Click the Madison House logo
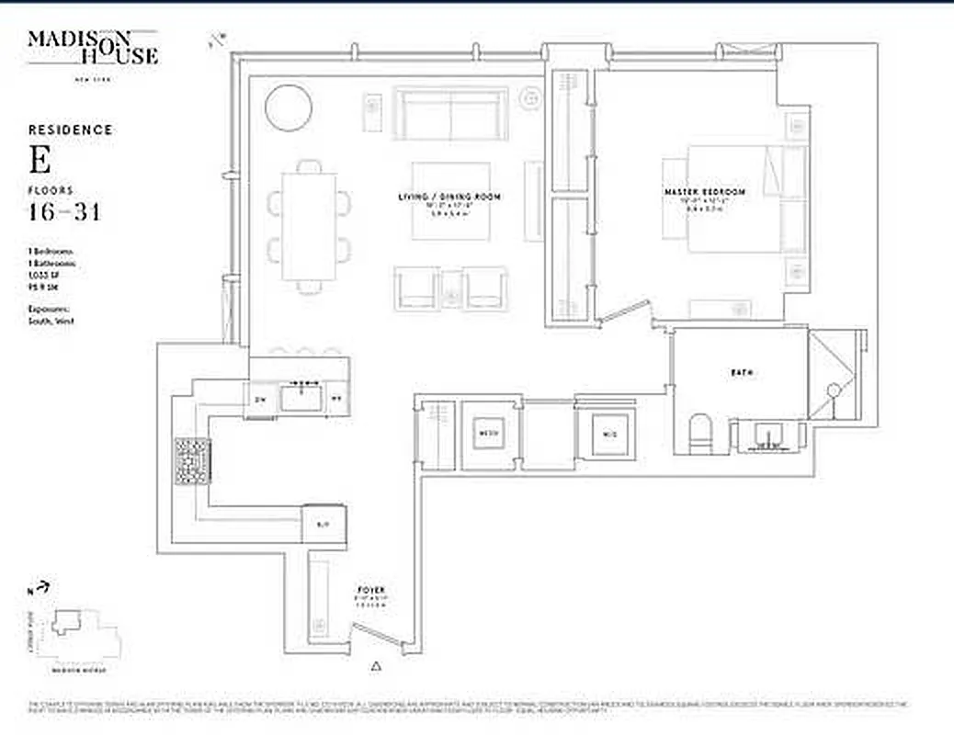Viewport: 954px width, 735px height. [92, 49]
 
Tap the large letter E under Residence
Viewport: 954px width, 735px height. [40, 162]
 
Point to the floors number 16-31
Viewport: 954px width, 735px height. [64, 213]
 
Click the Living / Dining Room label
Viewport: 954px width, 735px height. [449, 198]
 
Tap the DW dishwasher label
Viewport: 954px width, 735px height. [260, 399]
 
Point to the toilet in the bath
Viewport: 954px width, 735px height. [701, 434]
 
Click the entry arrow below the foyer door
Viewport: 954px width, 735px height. [375, 665]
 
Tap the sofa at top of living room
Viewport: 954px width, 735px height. [450, 113]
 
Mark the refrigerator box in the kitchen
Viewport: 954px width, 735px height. [322, 524]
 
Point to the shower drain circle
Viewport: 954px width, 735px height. [835, 390]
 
